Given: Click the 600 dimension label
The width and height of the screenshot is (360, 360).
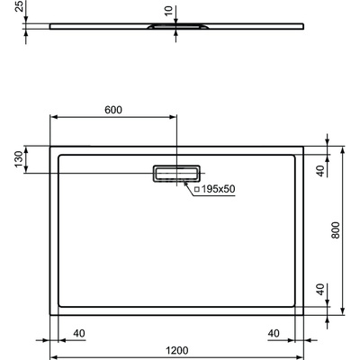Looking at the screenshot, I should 112,110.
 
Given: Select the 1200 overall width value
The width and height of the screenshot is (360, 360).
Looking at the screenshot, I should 176,350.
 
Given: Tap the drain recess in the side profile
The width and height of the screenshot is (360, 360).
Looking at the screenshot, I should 176,29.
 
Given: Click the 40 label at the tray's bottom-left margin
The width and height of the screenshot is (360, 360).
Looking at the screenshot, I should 78,333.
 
